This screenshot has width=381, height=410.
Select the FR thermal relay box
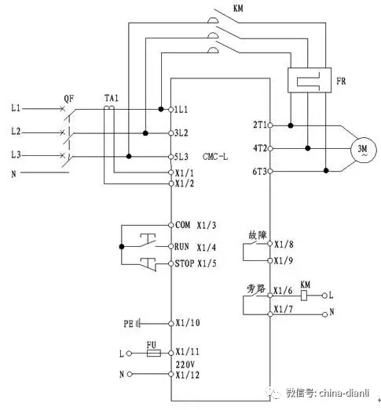coord(310,80)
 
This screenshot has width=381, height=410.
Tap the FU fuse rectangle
coord(154,354)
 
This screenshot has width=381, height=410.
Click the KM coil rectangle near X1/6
coord(304,296)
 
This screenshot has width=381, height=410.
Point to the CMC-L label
coord(215,157)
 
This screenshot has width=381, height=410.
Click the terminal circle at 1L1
coord(170,109)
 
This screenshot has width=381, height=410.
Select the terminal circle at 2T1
coord(270,125)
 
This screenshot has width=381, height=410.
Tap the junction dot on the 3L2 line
coord(145,133)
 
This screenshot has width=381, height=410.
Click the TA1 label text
coord(112,98)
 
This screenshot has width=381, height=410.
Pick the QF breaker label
coord(69,99)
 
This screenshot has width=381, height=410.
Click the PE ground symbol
coord(138,324)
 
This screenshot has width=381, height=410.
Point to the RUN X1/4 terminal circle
coord(170,246)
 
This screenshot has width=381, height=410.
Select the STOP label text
coord(185,263)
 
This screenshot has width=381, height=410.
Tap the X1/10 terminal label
coord(188,323)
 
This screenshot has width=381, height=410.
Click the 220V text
coord(185,365)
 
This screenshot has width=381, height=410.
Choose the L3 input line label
coord(16,154)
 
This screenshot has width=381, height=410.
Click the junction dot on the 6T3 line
coord(326,171)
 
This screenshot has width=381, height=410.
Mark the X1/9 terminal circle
coord(270,260)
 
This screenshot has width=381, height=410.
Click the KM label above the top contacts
coord(238,8)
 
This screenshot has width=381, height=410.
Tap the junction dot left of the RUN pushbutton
coord(122,247)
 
